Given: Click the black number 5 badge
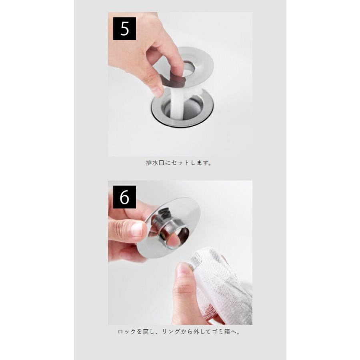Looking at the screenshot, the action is click(x=124, y=28).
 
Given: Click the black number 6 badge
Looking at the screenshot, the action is click(x=124, y=197).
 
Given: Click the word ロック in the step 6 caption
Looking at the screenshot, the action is click(x=127, y=332).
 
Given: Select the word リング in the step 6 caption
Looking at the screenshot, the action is click(x=170, y=332).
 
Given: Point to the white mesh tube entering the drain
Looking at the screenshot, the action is click(x=178, y=101).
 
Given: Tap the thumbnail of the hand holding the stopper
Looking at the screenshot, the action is click(x=137, y=229).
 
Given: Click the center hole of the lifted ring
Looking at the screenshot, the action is click(x=189, y=69).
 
